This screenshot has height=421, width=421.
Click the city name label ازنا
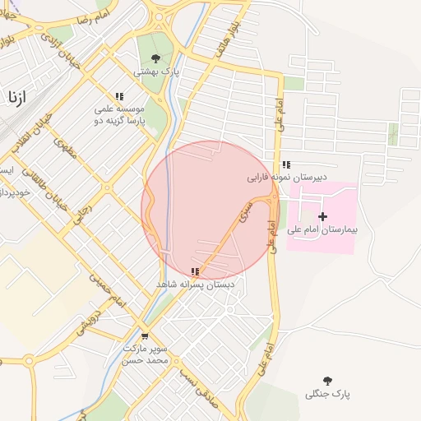[16, 96]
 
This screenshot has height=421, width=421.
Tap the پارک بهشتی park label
[156, 72]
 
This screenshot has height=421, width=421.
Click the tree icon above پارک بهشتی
[155, 58]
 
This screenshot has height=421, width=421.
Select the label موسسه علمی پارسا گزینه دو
[119, 114]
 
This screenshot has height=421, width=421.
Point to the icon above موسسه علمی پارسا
[119, 96]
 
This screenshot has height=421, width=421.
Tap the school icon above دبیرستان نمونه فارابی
[285, 164]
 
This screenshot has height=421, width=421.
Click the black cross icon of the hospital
[322, 215]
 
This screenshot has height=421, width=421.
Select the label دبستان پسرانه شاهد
[196, 284]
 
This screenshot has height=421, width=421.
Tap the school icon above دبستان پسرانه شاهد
[195, 271]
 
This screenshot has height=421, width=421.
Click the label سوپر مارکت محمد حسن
[146, 354]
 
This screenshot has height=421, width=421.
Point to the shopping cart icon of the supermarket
[145, 336]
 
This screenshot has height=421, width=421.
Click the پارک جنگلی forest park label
[327, 394]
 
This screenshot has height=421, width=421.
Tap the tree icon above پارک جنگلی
[327, 381]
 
